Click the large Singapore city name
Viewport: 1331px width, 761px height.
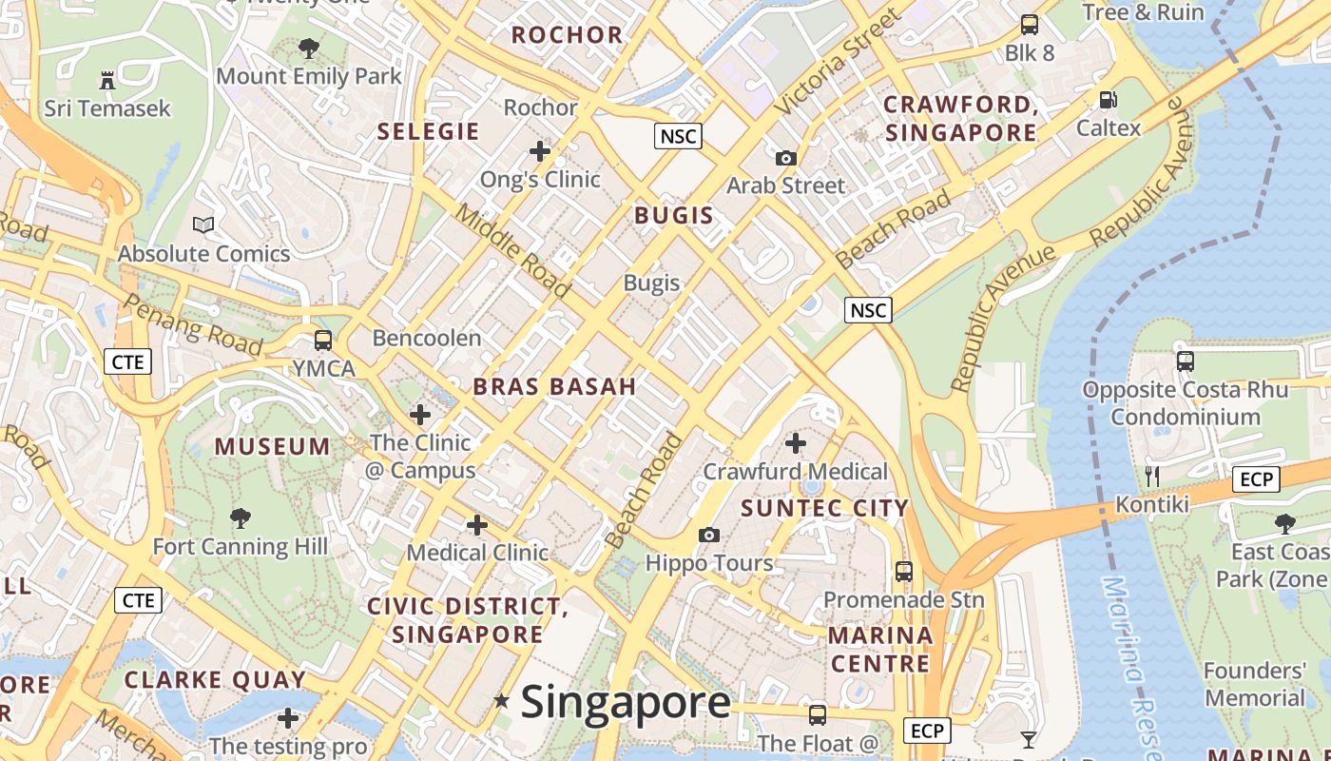pyautogui.click(x=626, y=702)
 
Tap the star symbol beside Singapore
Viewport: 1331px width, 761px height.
pyautogui.click(x=501, y=701)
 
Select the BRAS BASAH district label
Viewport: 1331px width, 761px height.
pyautogui.click(x=554, y=386)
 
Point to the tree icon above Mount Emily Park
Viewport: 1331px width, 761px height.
pyautogui.click(x=308, y=48)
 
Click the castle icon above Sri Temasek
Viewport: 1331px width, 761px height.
pyautogui.click(x=107, y=80)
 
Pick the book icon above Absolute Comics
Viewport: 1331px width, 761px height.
pyautogui.click(x=203, y=225)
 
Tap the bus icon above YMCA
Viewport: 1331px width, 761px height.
pyautogui.click(x=323, y=340)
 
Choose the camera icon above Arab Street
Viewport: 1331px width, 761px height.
pyautogui.click(x=785, y=158)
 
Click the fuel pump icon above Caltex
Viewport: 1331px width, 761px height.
pyautogui.click(x=1108, y=99)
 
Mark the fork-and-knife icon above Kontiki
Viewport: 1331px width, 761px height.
pyautogui.click(x=1152, y=476)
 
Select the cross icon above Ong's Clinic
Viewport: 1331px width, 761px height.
pyautogui.click(x=540, y=150)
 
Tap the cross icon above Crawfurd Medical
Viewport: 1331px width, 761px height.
pyautogui.click(x=796, y=442)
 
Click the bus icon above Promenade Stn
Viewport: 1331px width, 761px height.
pyautogui.click(x=903, y=572)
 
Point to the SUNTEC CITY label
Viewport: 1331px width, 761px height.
pyautogui.click(x=824, y=508)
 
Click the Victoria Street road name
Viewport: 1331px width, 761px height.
pyautogui.click(x=836, y=63)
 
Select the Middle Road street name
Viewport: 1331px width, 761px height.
pyautogui.click(x=511, y=251)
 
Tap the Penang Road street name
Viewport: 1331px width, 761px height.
pyautogui.click(x=193, y=324)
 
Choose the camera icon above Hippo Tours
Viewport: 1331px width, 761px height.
pyautogui.click(x=708, y=536)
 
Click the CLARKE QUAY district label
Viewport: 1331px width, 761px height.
pyautogui.click(x=215, y=680)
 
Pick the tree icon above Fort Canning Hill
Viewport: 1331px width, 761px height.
pyautogui.click(x=241, y=518)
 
